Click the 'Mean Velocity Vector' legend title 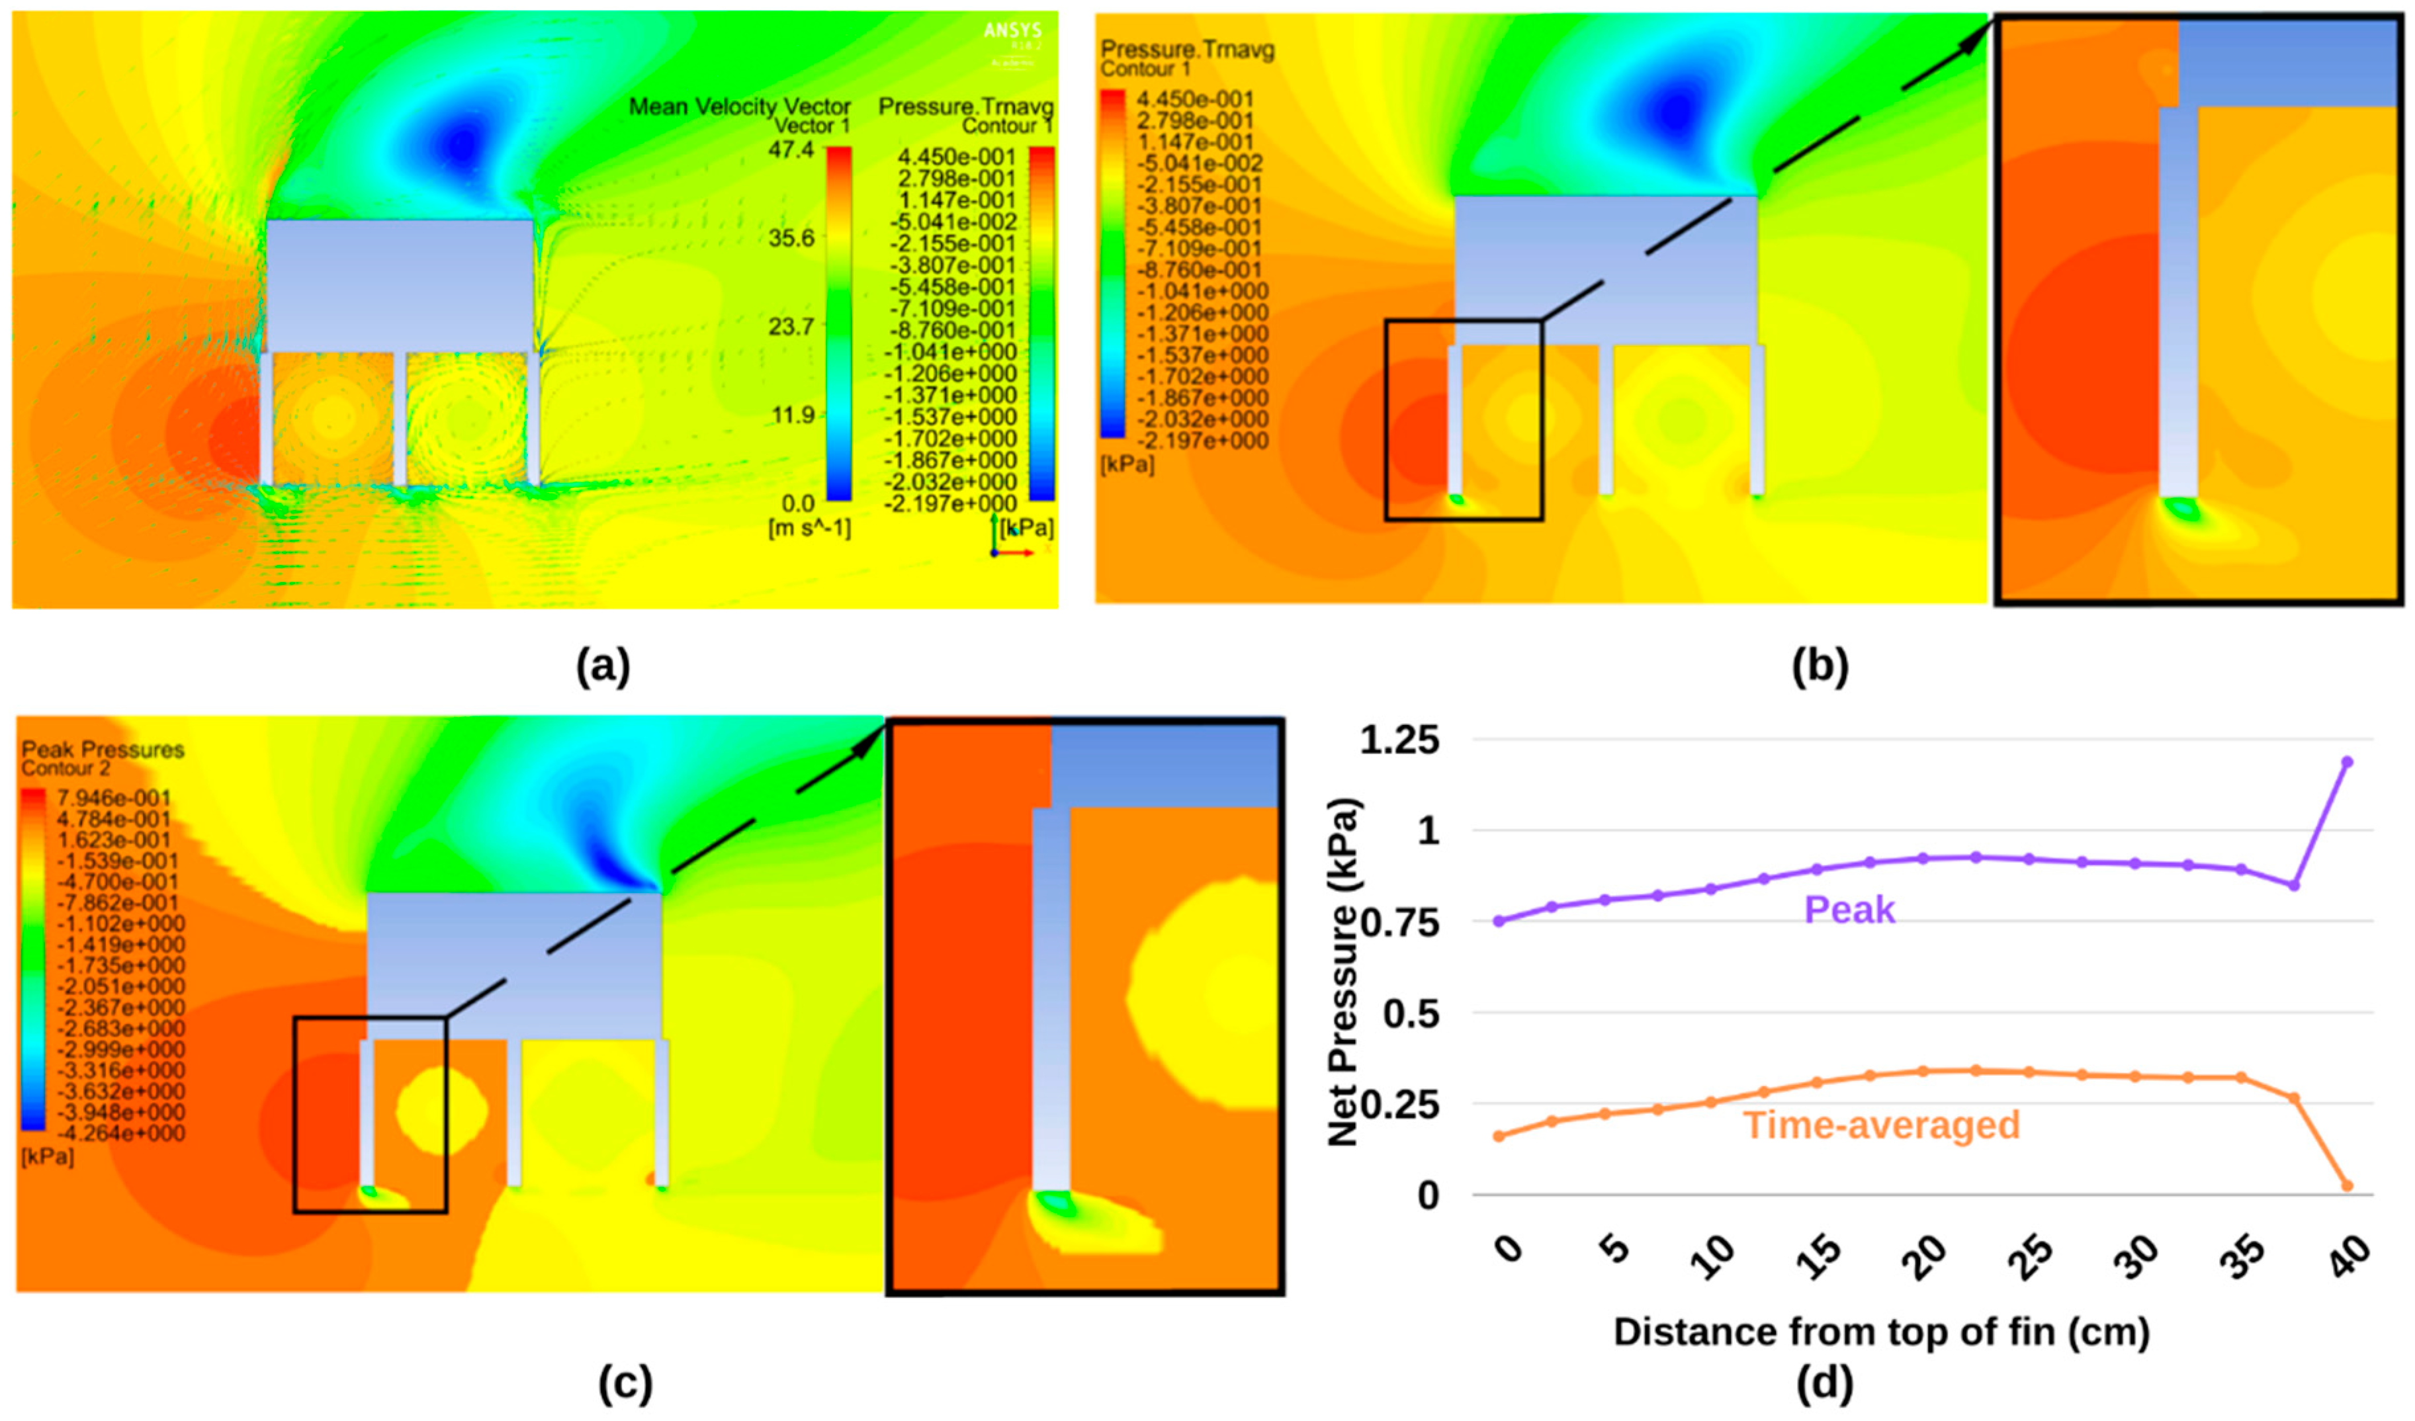point(739,107)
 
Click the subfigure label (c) point(625,1383)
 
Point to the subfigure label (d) point(1825,1383)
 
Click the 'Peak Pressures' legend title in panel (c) point(103,750)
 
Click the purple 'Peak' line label point(1849,910)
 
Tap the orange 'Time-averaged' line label point(1880,1124)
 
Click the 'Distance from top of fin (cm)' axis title point(1881,1331)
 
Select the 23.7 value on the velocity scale point(791,327)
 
